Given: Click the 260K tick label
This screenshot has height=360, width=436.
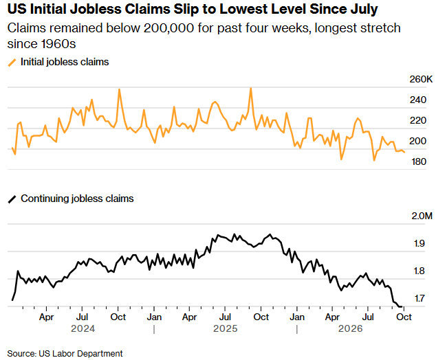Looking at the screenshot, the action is click(421, 79).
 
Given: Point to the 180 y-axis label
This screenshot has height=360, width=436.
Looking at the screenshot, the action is click(419, 161).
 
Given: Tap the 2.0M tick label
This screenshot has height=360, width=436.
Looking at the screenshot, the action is click(422, 216).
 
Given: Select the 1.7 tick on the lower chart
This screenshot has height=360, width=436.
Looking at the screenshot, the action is click(419, 298).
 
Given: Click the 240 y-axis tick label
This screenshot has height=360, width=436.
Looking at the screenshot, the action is click(418, 100).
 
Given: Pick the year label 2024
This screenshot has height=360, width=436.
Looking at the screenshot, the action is click(83, 328).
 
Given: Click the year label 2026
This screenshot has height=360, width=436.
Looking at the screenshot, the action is click(350, 328).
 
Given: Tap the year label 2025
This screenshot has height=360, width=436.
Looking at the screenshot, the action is click(226, 328).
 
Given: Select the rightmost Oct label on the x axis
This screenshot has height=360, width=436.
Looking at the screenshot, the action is click(404, 317).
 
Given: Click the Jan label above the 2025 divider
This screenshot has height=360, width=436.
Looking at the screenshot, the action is click(154, 317).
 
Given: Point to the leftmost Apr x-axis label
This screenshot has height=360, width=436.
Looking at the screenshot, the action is click(46, 317).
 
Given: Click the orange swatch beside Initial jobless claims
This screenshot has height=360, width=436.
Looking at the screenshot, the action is click(12, 63).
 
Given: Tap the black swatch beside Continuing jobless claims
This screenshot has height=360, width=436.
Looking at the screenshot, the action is click(12, 199).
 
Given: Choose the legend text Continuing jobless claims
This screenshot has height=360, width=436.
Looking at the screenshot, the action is click(77, 199).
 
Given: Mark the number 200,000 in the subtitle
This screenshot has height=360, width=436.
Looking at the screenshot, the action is click(168, 28).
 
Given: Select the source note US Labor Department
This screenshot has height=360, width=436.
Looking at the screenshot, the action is click(80, 354).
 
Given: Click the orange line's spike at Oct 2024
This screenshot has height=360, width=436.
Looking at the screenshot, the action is click(119, 89).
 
